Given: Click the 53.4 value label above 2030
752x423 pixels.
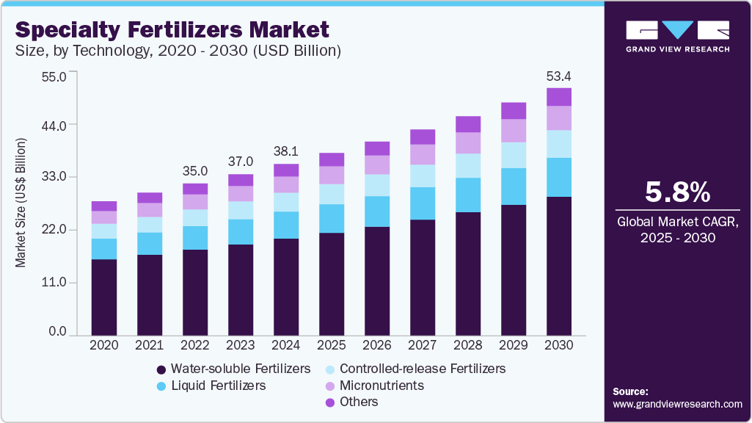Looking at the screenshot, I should tap(559, 76).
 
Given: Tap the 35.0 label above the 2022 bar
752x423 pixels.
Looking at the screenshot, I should tap(195, 172).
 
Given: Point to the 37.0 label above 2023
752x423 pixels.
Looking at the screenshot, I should tap(241, 162).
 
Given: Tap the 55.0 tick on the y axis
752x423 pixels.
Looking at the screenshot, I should tap(55, 76).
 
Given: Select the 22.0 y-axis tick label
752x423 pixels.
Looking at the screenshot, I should tap(55, 230).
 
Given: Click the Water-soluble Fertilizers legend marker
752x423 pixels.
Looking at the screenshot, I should tap(161, 369).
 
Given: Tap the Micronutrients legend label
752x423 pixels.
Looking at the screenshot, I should tap(381, 385).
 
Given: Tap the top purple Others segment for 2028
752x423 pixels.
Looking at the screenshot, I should tap(468, 124).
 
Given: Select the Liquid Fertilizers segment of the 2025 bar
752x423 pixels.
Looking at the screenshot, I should tap(332, 218).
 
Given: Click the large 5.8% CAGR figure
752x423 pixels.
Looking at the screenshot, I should tap(677, 192).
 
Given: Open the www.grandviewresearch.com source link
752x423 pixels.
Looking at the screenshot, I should tap(677, 404).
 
